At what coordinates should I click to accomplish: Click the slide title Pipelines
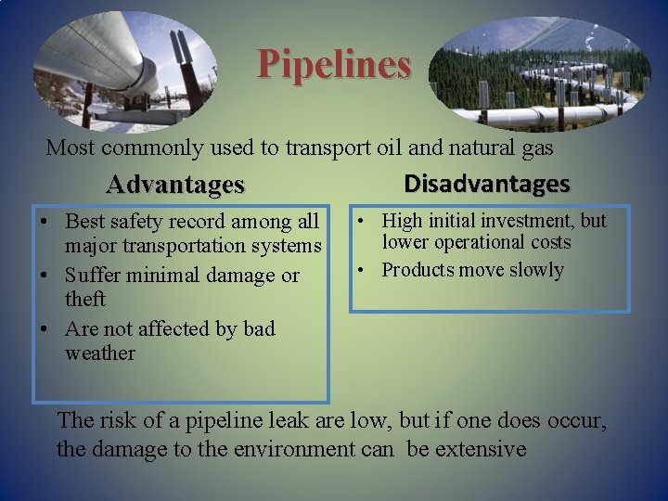pyautogui.click(x=334, y=65)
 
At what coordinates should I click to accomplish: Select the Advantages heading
pyautogui.click(x=175, y=185)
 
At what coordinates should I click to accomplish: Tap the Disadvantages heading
pyautogui.click(x=486, y=183)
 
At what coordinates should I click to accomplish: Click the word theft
pyautogui.click(x=85, y=300)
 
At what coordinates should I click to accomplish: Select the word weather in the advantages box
pyautogui.click(x=100, y=353)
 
